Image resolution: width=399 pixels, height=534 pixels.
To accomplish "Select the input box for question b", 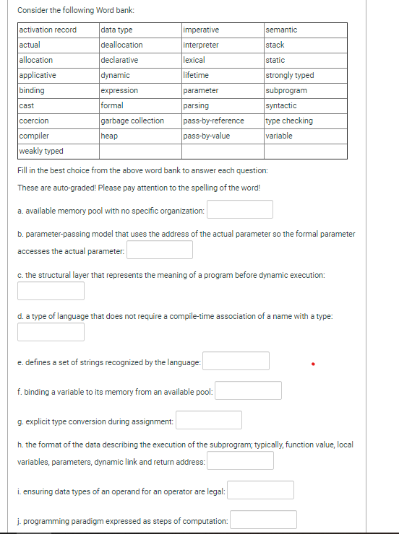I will point(160,250).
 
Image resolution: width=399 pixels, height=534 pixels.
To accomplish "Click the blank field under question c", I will point(51,291).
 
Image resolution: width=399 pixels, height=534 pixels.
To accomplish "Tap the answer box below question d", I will point(51,332).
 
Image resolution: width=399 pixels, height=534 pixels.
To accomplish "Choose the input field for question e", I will point(236,361).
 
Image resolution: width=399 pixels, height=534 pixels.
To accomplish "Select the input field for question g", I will point(209,420).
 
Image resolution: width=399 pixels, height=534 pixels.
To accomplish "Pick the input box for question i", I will point(261,491).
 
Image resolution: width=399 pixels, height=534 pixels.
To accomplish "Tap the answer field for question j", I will point(264,520).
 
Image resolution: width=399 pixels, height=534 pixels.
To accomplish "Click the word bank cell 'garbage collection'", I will point(132,121).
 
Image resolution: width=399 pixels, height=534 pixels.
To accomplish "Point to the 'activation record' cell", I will point(48,30).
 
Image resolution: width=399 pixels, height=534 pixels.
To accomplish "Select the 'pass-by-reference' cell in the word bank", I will point(213,121).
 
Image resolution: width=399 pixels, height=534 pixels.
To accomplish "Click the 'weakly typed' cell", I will point(40,151).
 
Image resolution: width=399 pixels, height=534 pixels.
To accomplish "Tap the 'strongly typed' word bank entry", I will point(290,75).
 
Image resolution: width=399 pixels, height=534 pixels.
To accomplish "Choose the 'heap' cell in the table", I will point(110,136).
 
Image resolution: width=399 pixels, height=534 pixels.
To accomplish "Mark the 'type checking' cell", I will point(289,121).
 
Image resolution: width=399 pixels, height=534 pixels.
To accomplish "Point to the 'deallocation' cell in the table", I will point(122,45).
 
